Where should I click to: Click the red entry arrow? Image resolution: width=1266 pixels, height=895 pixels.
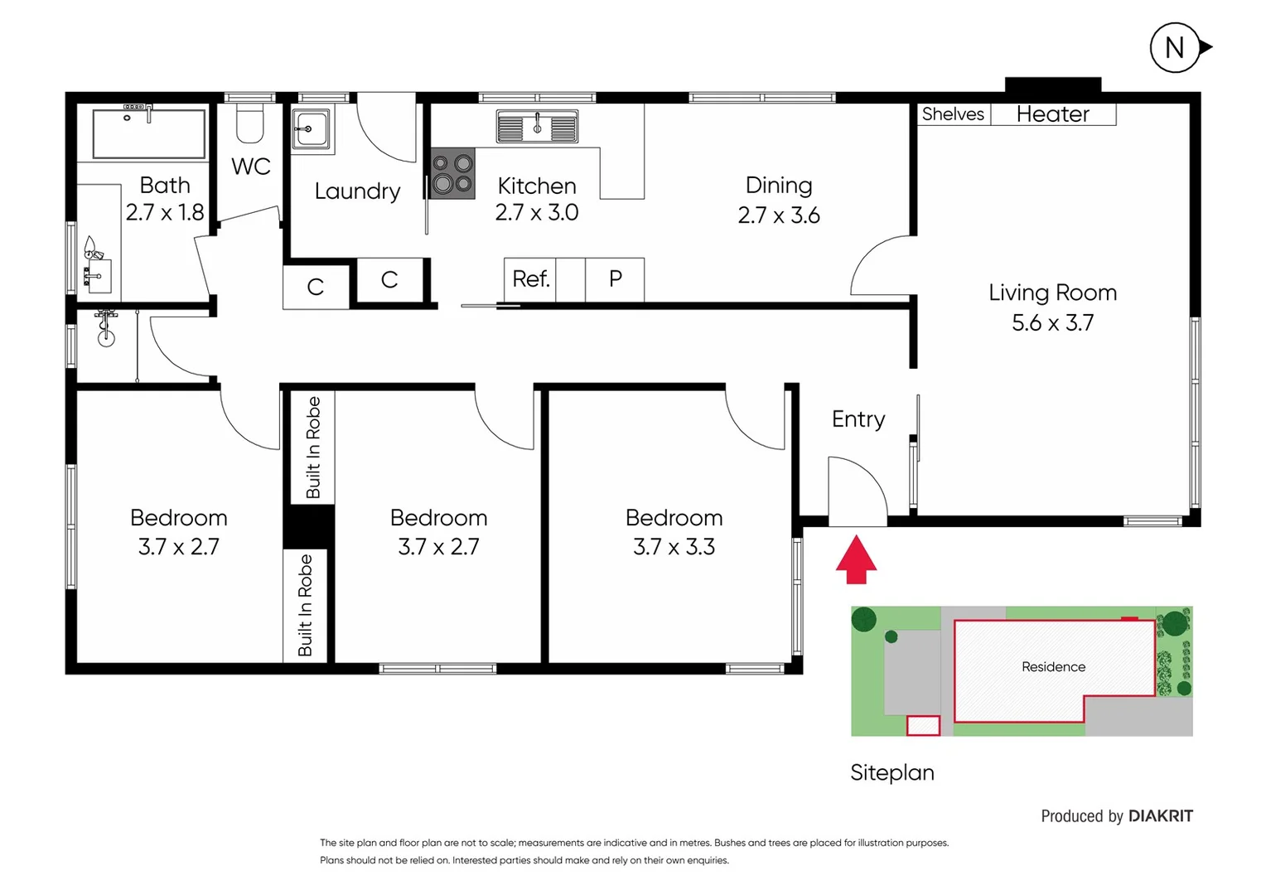pyautogui.click(x=856, y=561)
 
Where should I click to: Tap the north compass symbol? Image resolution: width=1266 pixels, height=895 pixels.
pyautogui.click(x=1175, y=48)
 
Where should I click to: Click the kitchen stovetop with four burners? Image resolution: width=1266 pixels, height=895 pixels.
pyautogui.click(x=452, y=173)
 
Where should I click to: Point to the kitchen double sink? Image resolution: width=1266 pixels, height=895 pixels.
pyautogui.click(x=537, y=127)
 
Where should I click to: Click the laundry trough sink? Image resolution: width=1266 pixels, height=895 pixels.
pyautogui.click(x=311, y=129)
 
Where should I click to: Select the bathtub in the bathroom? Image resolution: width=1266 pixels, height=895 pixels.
pyautogui.click(x=149, y=133)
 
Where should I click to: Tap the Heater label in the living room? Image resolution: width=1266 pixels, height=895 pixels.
pyautogui.click(x=1052, y=114)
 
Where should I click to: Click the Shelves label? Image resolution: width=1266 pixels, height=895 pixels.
pyautogui.click(x=953, y=114)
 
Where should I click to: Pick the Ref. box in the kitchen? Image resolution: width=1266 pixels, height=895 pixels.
pyautogui.click(x=530, y=279)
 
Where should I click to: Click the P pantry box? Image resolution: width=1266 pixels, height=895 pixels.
pyautogui.click(x=615, y=279)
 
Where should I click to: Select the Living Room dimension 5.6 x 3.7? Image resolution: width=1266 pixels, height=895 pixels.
pyautogui.click(x=1052, y=322)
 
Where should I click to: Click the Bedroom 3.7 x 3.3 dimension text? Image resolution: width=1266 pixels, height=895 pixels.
pyautogui.click(x=674, y=547)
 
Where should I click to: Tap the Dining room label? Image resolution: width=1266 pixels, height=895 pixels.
pyautogui.click(x=778, y=186)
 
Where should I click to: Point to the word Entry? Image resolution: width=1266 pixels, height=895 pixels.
pyautogui.click(x=858, y=419)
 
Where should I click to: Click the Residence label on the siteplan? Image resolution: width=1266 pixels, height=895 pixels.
pyautogui.click(x=1053, y=667)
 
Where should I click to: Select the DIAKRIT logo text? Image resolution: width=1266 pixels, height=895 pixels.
pyautogui.click(x=1160, y=816)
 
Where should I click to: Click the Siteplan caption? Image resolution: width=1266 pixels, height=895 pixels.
pyautogui.click(x=892, y=772)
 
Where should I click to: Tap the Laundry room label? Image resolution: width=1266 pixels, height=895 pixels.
pyautogui.click(x=357, y=191)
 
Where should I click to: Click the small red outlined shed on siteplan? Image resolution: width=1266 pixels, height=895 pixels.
pyautogui.click(x=923, y=726)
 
